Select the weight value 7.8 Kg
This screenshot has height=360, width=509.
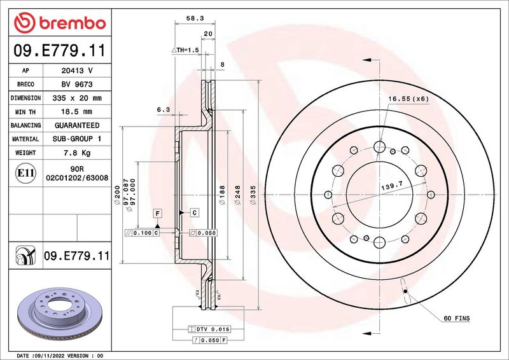click(x=77, y=153)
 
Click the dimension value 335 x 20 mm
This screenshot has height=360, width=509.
click(x=77, y=98)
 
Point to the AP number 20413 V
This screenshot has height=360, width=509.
click(x=77, y=71)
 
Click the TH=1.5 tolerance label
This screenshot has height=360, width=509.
click(x=185, y=49)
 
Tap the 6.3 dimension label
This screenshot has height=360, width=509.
click(x=163, y=110)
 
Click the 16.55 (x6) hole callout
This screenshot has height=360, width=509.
click(x=409, y=99)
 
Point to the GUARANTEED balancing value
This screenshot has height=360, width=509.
click(x=77, y=126)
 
